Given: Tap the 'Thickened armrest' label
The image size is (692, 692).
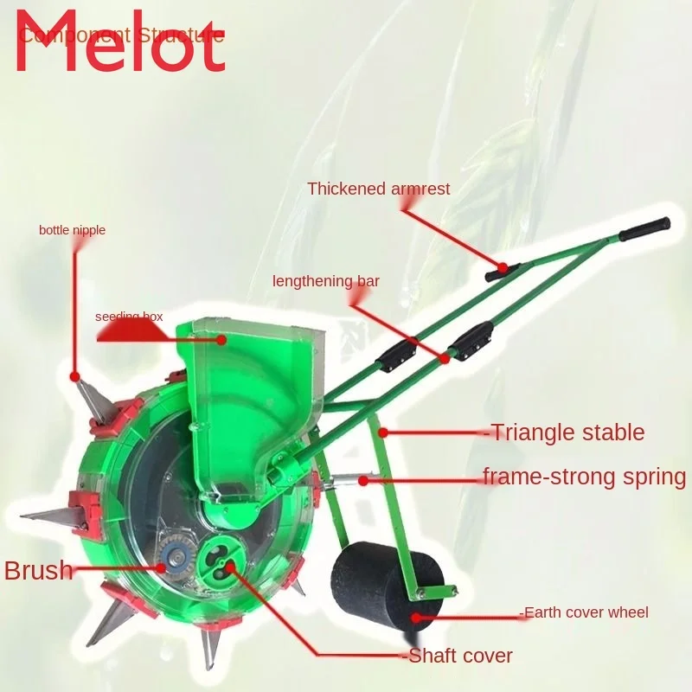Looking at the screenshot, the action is pyautogui.click(x=379, y=189).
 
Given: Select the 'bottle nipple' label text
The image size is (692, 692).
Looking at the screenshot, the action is pyautogui.click(x=72, y=230).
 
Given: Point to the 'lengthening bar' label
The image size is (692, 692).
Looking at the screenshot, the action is pyautogui.click(x=326, y=281).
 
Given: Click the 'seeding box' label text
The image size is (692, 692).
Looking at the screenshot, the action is pyautogui.click(x=129, y=317).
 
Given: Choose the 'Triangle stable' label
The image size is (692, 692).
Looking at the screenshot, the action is pyautogui.click(x=567, y=432).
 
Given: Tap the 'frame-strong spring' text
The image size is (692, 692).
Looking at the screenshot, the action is pyautogui.click(x=584, y=477).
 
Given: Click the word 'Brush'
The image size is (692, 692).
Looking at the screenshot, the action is pyautogui.click(x=38, y=571).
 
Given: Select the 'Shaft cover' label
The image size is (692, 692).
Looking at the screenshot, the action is pyautogui.click(x=459, y=656).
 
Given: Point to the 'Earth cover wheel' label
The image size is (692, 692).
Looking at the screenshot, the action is pyautogui.click(x=585, y=612).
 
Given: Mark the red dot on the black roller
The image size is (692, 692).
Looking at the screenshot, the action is pyautogui.click(x=416, y=617).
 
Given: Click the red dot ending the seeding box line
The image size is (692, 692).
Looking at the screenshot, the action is pyautogui.click(x=222, y=340).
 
